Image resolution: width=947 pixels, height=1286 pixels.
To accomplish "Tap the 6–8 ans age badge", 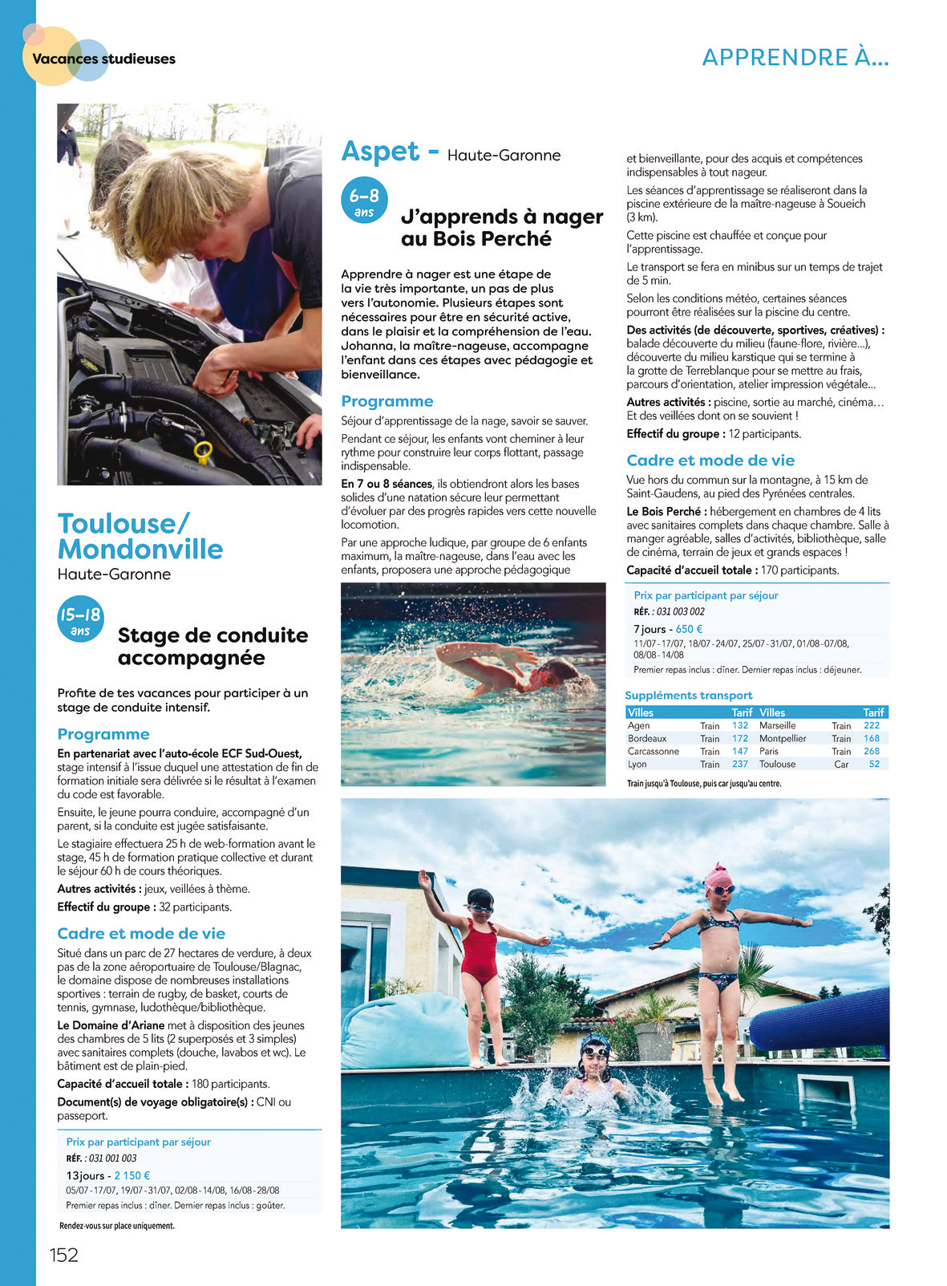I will click(364, 201).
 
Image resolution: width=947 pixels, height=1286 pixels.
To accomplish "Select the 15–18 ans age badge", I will click(80, 620).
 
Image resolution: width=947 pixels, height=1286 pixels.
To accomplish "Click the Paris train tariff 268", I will click(872, 752).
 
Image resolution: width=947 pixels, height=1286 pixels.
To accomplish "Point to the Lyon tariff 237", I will click(740, 765).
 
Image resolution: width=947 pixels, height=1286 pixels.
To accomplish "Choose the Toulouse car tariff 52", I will click(874, 765).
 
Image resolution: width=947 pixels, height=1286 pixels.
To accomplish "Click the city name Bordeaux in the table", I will click(647, 739).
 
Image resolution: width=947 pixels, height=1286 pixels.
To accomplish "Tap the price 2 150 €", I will click(132, 1175).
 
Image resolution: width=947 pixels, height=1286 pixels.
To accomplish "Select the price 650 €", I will click(690, 630).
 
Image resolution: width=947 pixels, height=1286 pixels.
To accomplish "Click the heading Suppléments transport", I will click(689, 696).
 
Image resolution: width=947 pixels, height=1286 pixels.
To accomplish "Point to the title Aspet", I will click(380, 152).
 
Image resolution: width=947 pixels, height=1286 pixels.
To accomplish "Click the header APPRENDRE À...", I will click(795, 58).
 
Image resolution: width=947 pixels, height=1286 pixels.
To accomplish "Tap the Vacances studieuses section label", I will click(103, 59).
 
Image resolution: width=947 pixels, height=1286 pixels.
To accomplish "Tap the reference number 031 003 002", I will click(680, 611).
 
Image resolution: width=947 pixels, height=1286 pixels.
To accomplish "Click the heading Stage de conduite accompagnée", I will click(212, 647).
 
